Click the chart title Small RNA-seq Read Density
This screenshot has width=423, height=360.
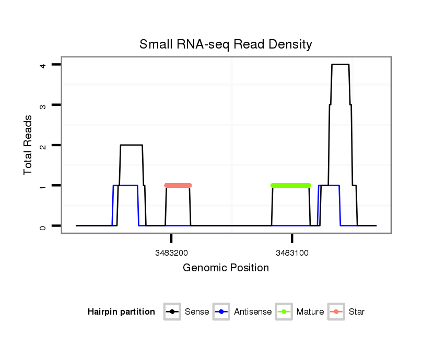pos(226,44)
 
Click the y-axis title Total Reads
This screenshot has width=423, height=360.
pos(28,145)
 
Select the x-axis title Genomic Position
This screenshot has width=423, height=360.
pos(226,268)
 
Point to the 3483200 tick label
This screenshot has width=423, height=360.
pos(171,253)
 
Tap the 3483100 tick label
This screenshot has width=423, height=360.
pos(292,253)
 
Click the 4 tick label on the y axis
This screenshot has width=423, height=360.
pos(44,65)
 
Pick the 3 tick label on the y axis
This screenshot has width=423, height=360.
pos(44,105)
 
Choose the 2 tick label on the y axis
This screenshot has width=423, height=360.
pos(44,145)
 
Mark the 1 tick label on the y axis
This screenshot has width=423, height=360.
pos(44,185)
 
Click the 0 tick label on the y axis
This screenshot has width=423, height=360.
pos(44,226)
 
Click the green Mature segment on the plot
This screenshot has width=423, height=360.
pos(291,185)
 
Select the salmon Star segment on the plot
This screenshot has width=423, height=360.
pos(178,185)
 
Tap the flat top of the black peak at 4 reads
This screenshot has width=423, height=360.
pos(340,65)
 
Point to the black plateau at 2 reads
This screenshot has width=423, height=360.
pos(131,145)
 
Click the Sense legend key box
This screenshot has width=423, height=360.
pos(172,312)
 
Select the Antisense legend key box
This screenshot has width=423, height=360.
pos(222,312)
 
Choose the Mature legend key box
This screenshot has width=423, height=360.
pos(284,312)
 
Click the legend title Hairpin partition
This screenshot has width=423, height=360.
pos(121,312)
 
